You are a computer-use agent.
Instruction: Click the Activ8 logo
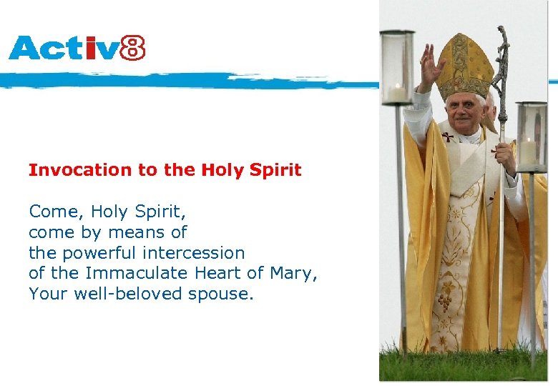[77, 48]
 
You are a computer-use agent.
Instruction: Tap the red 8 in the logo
[132, 48]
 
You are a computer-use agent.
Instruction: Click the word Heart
[217, 273]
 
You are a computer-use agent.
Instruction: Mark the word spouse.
[221, 294]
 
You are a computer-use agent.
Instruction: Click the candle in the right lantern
[529, 152]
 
